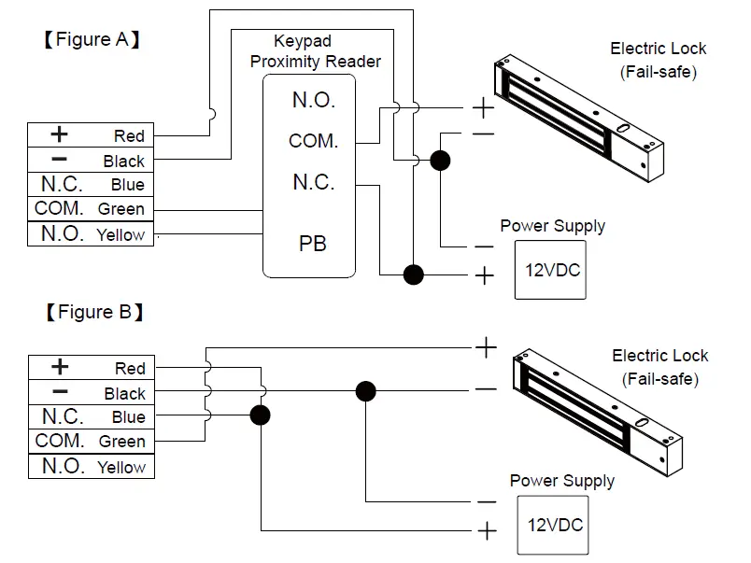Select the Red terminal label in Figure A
(129, 136)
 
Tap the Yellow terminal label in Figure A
(120, 235)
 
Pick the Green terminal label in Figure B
(121, 442)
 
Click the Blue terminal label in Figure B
(129, 417)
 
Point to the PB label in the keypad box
(313, 244)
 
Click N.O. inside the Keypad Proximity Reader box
(313, 100)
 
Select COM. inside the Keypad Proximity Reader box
(313, 141)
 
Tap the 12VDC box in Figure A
(551, 270)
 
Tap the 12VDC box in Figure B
(553, 525)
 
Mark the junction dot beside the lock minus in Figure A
(440, 161)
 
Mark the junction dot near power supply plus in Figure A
(413, 274)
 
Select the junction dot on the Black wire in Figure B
(365, 390)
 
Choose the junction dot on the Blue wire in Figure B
(261, 415)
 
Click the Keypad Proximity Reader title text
(315, 51)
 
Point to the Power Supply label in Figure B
(561, 481)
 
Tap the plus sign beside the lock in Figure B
(487, 348)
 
